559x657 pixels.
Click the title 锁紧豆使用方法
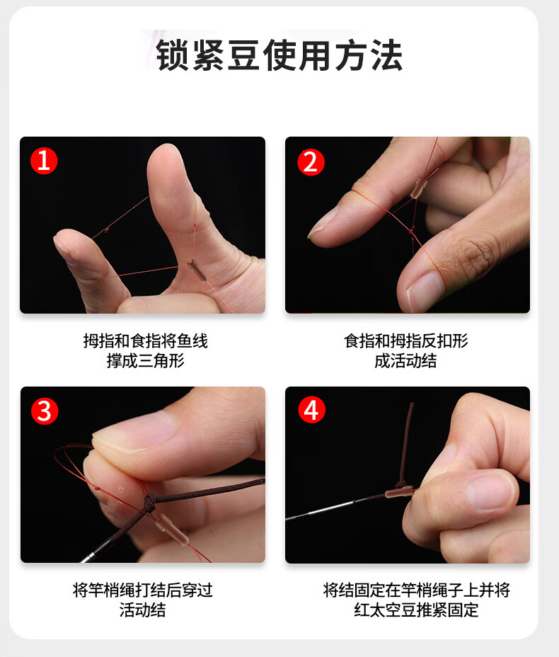pos(279,55)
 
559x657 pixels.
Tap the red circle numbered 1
pos(44,161)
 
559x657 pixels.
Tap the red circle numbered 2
pos(311,162)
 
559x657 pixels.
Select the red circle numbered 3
pos(45,411)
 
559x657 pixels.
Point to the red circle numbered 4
pos(311,409)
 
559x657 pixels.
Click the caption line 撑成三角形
pos(145,361)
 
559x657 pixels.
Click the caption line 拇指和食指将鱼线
pos(145,341)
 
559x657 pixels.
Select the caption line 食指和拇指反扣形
pos(405,341)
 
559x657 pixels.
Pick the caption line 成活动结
pos(405,361)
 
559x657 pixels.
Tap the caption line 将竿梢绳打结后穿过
pos(143,590)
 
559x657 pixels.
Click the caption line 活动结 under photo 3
pos(142,610)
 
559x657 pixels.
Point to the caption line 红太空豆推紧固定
pos(416,610)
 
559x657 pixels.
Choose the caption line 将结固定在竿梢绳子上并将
pos(416,590)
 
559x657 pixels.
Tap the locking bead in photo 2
pos(419,188)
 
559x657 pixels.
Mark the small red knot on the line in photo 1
pos(107,229)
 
